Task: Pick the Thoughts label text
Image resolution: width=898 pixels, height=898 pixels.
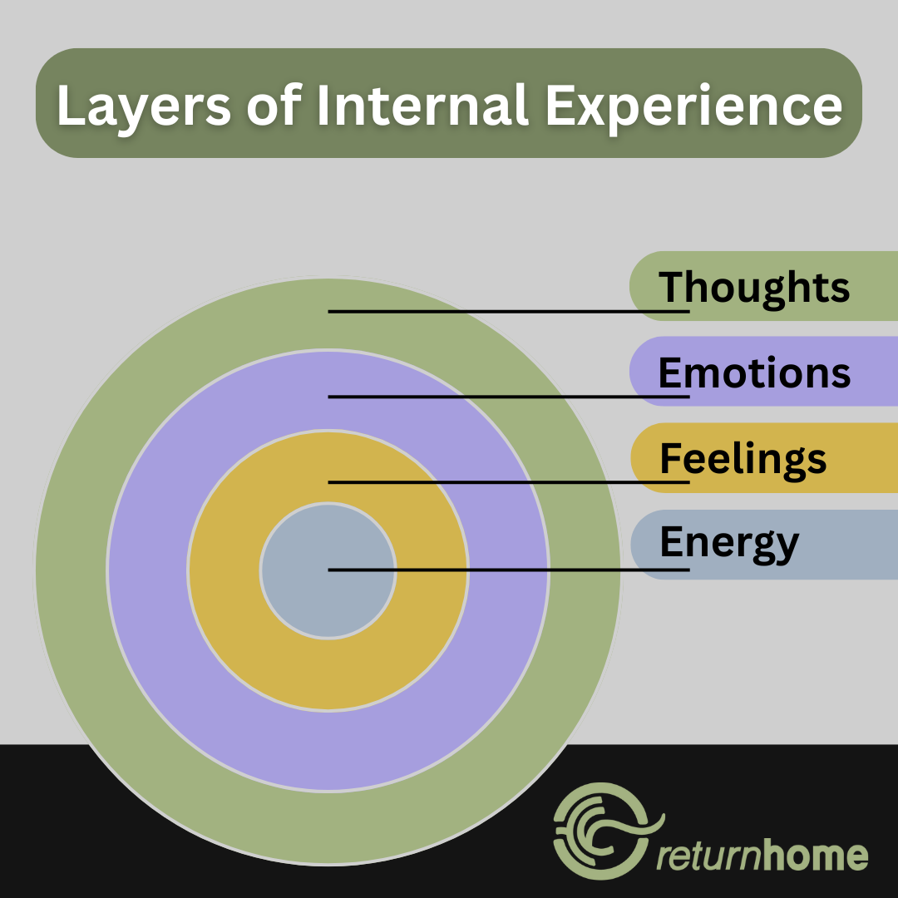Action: (x=754, y=287)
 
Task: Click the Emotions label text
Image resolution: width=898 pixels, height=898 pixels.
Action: (x=754, y=373)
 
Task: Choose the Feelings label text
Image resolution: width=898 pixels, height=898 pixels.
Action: (x=743, y=458)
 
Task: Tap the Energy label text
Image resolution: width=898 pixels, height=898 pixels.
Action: (x=728, y=544)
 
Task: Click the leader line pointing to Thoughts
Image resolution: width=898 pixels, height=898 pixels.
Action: (x=507, y=311)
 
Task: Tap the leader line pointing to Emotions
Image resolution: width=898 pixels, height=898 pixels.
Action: (x=507, y=397)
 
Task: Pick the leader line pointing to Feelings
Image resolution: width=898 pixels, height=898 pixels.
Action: (x=507, y=482)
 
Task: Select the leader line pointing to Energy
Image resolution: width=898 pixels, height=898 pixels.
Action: (x=507, y=570)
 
